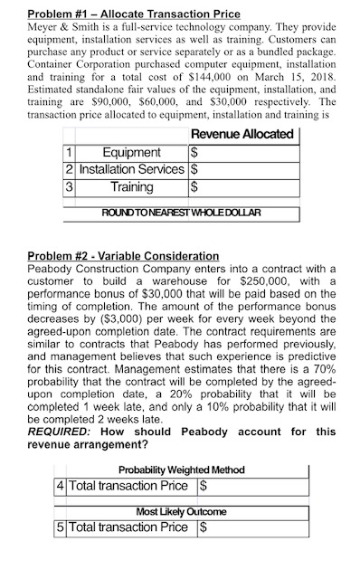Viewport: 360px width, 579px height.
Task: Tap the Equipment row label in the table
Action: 132,152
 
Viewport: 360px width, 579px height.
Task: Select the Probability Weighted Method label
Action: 181,469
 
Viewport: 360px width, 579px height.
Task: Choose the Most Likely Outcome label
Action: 181,512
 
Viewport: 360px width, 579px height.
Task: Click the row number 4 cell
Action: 61,485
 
